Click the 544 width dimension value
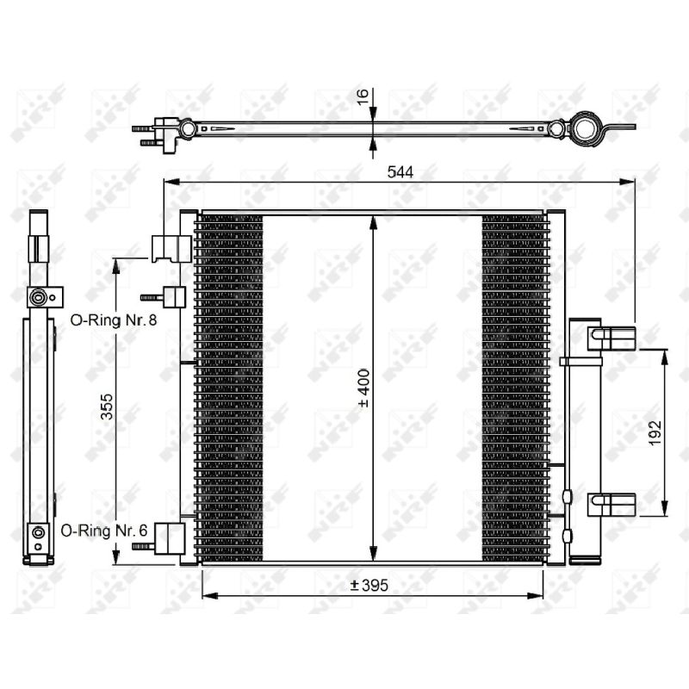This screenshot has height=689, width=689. pyautogui.click(x=400, y=172)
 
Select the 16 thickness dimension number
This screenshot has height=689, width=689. pyautogui.click(x=363, y=97)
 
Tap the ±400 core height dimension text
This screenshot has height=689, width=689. pyautogui.click(x=364, y=388)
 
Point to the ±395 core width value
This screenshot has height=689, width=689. pyautogui.click(x=369, y=586)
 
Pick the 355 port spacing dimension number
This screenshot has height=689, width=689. pyautogui.click(x=107, y=407)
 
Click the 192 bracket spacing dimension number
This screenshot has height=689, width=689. pyautogui.click(x=655, y=433)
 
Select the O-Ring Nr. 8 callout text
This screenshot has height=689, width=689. pyautogui.click(x=114, y=320)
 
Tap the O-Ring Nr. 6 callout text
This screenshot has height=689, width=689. pyautogui.click(x=104, y=531)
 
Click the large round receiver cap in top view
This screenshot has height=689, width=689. pyautogui.click(x=587, y=128)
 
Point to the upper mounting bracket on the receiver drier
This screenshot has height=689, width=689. pyautogui.click(x=612, y=338)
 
